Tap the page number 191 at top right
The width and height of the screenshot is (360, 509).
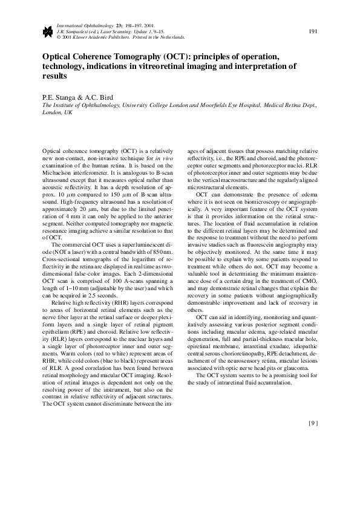[x=313, y=31]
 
